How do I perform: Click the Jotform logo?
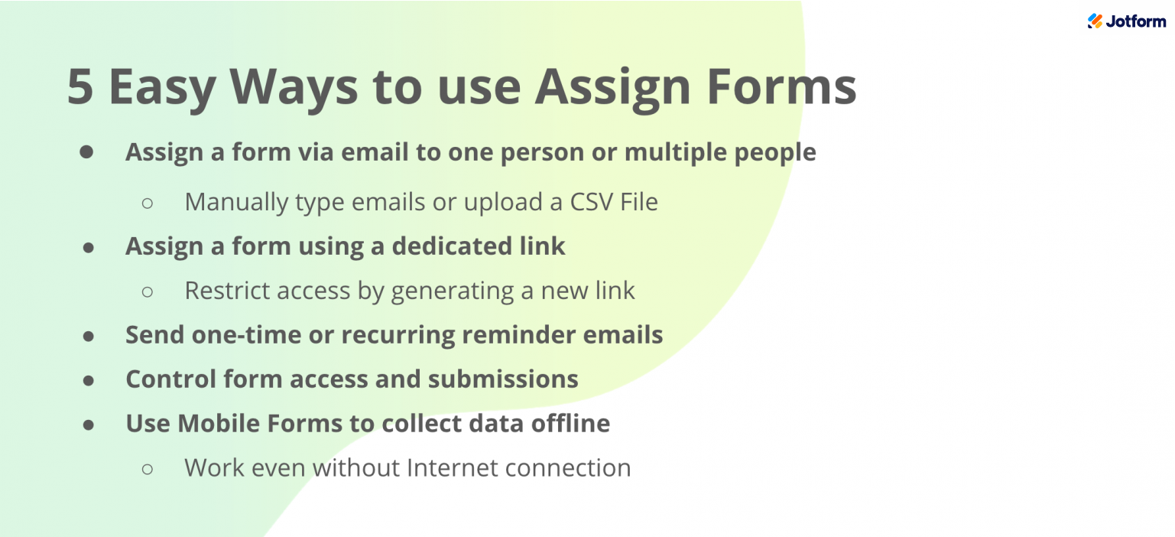tap(1126, 21)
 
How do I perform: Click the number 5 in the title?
tap(80, 87)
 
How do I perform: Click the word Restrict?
tap(226, 291)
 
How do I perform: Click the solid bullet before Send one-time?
tap(89, 336)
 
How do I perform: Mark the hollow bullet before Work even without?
tap(148, 468)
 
